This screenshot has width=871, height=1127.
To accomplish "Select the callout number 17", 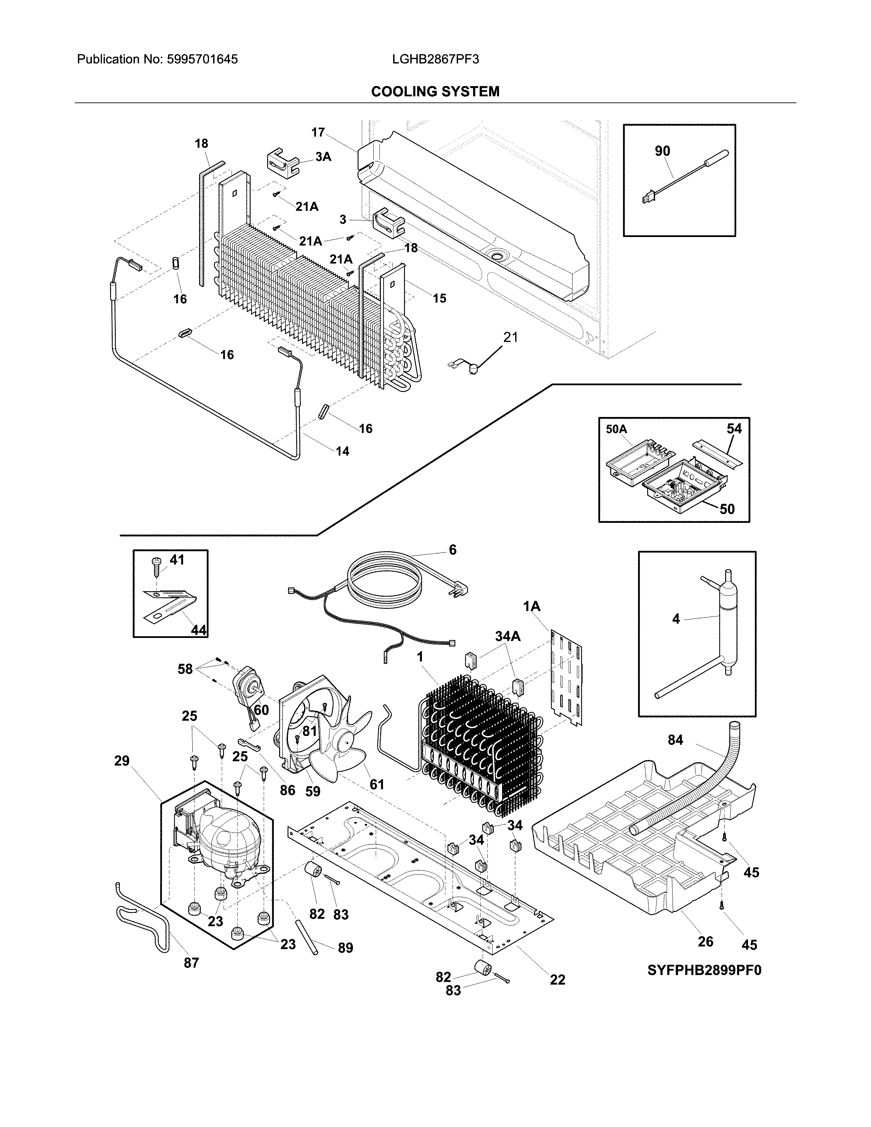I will [x=318, y=133].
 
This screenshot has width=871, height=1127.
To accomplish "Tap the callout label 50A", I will [x=616, y=429].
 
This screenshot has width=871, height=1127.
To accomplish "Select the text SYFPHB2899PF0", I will [x=704, y=970].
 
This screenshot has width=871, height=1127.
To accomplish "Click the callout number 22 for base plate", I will [x=557, y=979].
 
